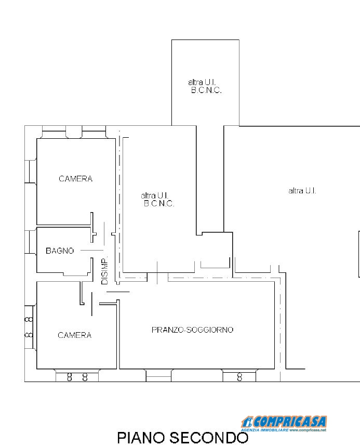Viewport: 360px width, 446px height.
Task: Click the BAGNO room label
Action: [60, 251]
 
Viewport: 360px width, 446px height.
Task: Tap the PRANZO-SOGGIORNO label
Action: [192, 330]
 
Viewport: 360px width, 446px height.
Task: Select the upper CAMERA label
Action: [75, 179]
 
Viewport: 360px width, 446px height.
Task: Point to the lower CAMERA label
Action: [74, 335]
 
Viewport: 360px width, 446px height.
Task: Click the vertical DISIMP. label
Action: [104, 271]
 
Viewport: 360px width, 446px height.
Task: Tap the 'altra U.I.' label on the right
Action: [302, 191]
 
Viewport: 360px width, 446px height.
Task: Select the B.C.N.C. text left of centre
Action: [159, 204]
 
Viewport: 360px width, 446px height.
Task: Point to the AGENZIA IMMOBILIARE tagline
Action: [264, 430]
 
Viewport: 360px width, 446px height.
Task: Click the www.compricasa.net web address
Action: [308, 430]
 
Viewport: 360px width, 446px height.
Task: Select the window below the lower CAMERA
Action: [76, 376]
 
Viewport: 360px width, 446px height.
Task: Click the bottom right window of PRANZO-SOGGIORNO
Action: [239, 376]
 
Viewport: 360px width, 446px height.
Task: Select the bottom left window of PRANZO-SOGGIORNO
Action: [158, 375]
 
